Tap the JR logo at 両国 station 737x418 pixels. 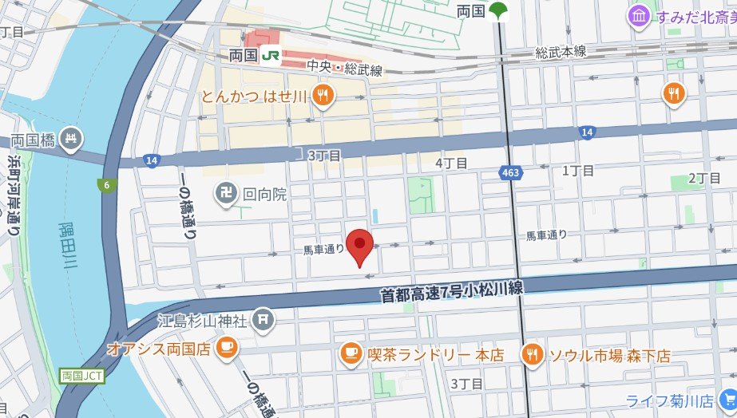(271, 56)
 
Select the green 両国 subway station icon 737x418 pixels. (500, 11)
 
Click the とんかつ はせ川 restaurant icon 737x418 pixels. (323, 97)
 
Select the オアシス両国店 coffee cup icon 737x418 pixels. (227, 348)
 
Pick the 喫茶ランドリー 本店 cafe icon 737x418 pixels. (349, 353)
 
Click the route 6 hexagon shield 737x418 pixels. (105, 186)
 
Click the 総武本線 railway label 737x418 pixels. (561, 52)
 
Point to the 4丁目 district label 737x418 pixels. (451, 163)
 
